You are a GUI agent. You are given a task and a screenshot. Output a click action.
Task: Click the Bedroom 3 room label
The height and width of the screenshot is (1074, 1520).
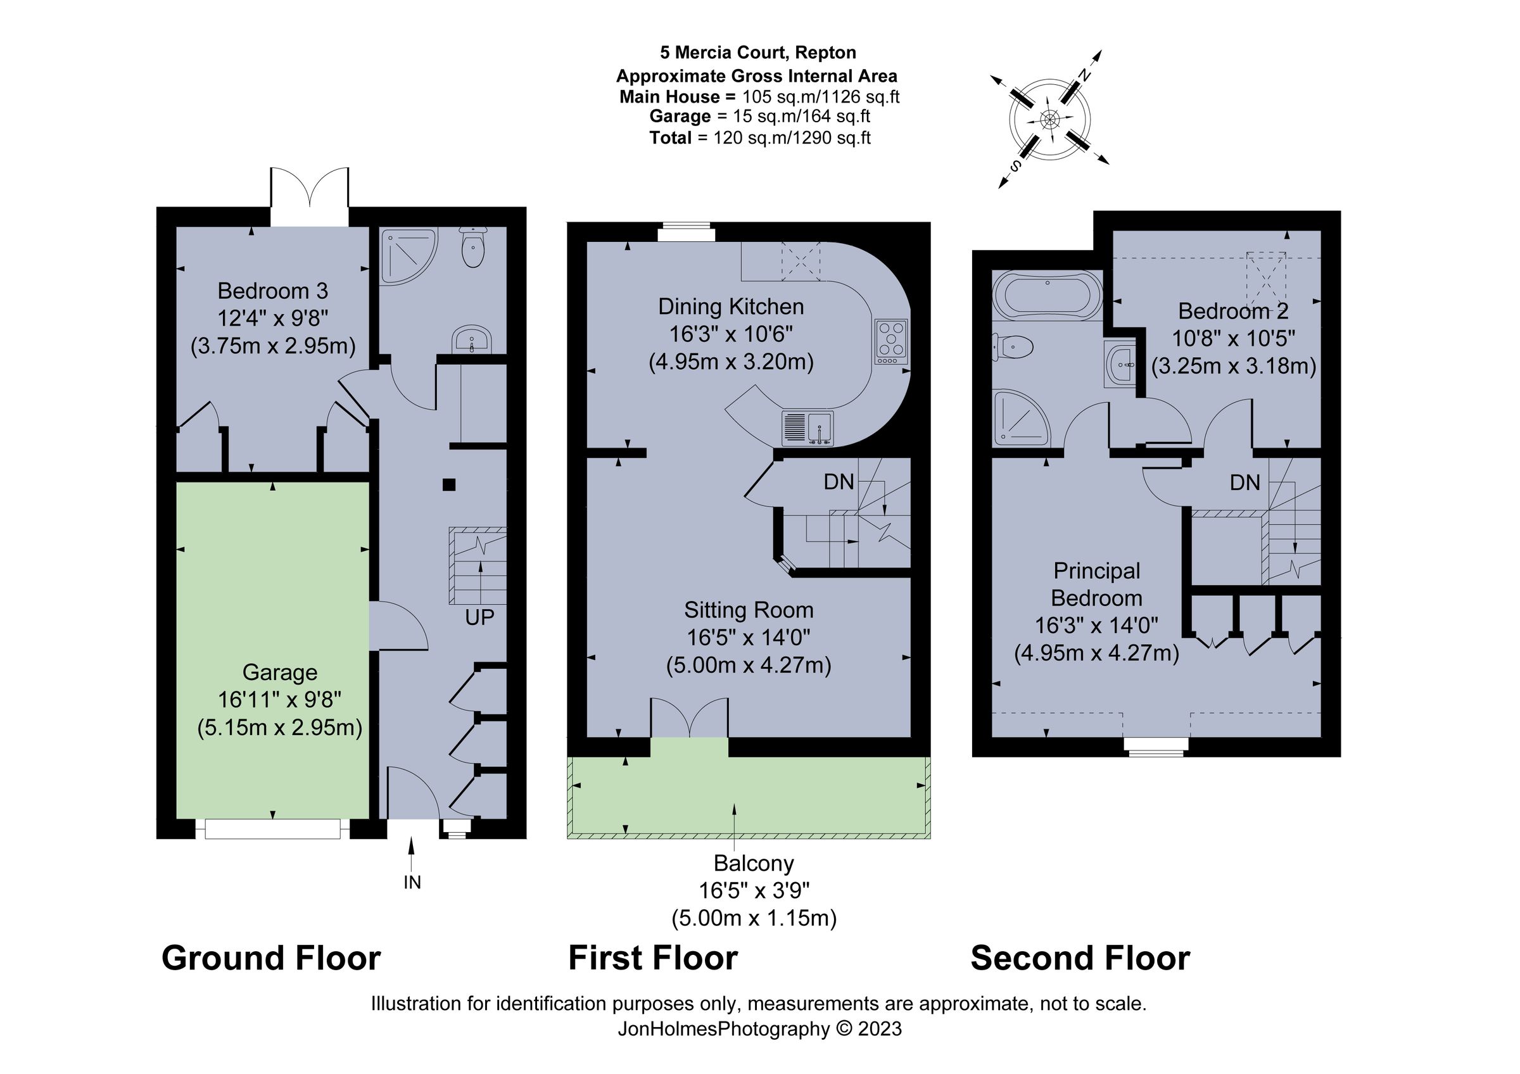[272, 291]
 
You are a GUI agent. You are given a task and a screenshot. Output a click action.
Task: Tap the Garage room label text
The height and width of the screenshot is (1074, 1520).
[279, 673]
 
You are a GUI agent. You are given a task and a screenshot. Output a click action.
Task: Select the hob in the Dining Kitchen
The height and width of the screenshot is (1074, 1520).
[891, 341]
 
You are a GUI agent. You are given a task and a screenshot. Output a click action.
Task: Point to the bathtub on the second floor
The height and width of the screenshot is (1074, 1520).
[1047, 297]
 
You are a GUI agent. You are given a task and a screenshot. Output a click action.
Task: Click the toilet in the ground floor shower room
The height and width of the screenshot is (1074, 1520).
[472, 248]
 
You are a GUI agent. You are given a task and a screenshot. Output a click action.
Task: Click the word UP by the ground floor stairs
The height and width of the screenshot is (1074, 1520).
[479, 617]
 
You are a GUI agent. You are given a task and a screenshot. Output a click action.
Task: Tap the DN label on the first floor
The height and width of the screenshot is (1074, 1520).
[839, 483]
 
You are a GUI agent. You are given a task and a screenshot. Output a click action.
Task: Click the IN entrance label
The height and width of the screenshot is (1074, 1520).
[412, 882]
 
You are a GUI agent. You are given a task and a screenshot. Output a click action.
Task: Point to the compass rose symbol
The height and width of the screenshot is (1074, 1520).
[1049, 120]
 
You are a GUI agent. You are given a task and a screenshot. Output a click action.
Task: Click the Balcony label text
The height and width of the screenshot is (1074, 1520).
[754, 864]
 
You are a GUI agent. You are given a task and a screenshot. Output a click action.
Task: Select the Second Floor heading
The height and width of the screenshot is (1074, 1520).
[1080, 958]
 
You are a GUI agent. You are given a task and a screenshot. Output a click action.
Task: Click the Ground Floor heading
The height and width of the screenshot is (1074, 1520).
[271, 958]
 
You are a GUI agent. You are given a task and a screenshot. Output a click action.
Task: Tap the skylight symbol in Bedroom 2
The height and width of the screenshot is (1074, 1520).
[1266, 277]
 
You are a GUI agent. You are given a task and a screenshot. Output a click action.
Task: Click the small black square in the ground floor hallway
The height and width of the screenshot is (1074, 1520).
[449, 484]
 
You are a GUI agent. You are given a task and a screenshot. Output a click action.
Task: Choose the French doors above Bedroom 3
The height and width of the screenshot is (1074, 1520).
[309, 196]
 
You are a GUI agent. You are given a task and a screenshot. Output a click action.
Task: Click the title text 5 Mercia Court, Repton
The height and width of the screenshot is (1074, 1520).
[757, 53]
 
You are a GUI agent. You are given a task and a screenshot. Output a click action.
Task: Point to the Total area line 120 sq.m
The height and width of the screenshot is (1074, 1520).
[759, 137]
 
